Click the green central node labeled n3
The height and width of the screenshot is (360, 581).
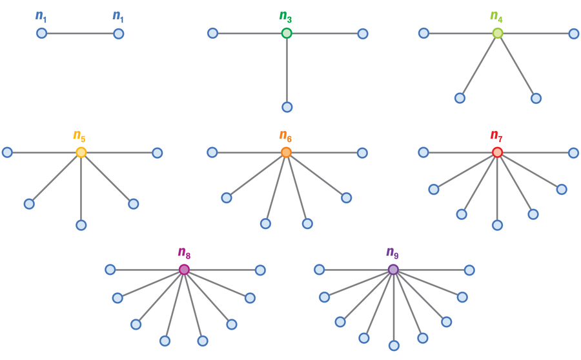[x=287, y=33]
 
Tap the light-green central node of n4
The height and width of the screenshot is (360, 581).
[x=498, y=33]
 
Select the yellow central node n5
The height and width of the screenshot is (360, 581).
[x=81, y=152]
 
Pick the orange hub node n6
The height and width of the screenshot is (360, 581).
[x=286, y=152]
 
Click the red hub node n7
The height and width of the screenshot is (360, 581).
[x=497, y=152]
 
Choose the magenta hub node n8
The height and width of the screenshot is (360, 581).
[x=184, y=270]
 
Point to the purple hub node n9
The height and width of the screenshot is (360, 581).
[x=393, y=270]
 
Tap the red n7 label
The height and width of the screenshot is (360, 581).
[x=495, y=135]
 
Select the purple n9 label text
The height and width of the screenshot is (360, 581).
[x=392, y=252]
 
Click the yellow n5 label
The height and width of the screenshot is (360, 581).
[x=79, y=135]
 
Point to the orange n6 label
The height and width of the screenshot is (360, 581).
[x=285, y=135]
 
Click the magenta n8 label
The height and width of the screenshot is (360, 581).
[x=183, y=252]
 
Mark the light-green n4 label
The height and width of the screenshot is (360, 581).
[x=496, y=16]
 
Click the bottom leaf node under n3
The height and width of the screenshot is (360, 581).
[x=287, y=107]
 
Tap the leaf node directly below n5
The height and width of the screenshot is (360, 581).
[x=81, y=225]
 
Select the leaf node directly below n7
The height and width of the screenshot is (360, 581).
[x=497, y=225]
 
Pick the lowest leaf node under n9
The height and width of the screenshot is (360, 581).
[x=394, y=345]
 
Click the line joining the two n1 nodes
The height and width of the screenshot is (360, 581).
[x=80, y=33]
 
